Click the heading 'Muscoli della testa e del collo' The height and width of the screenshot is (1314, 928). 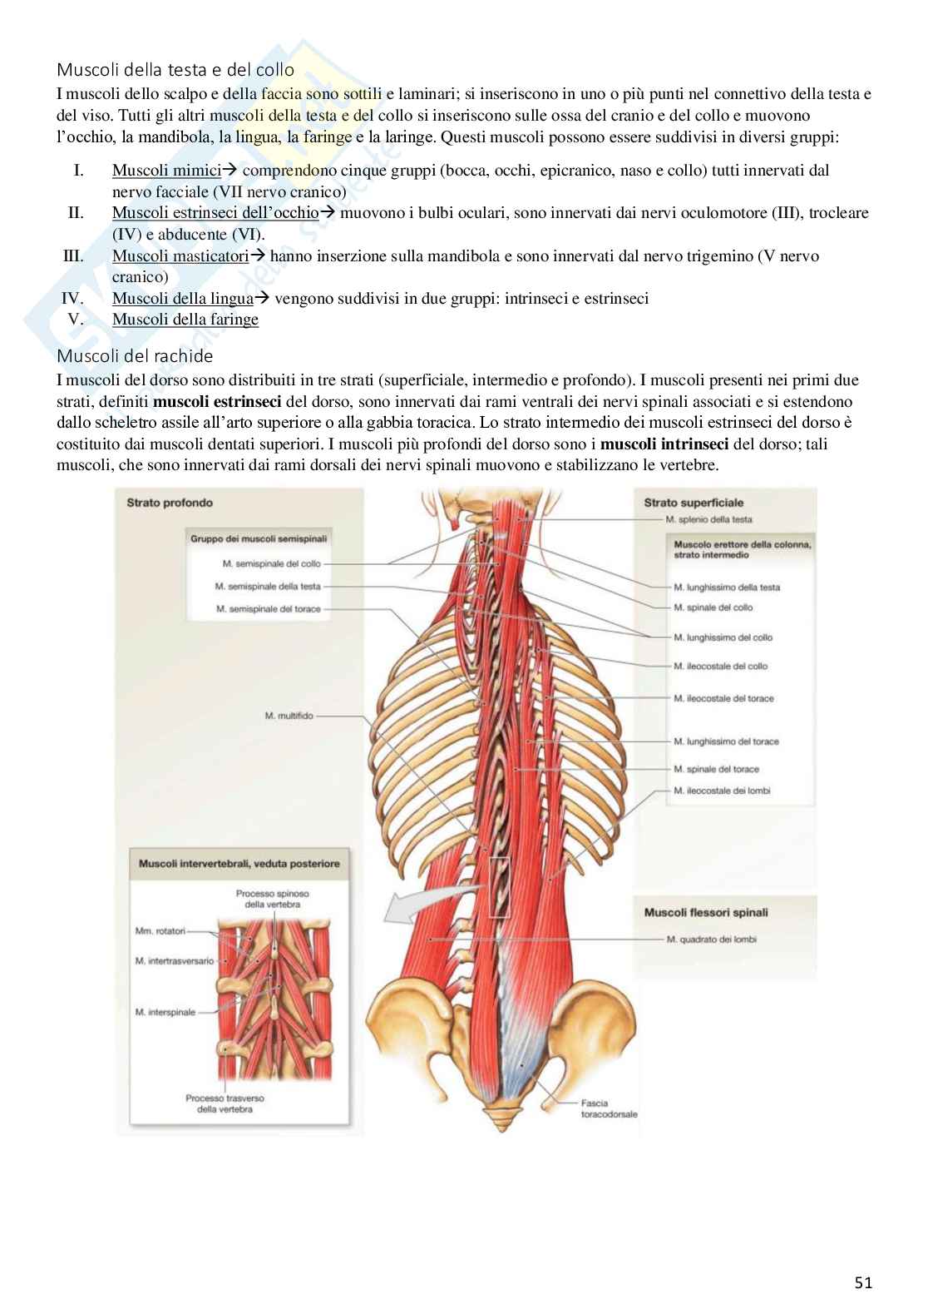click(175, 71)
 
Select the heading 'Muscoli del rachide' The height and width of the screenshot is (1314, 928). click(135, 356)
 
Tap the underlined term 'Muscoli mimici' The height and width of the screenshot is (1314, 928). click(166, 171)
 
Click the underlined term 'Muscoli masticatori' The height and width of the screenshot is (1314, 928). click(180, 255)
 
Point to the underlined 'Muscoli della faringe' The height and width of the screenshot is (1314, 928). click(185, 320)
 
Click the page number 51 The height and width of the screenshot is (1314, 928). click(863, 1282)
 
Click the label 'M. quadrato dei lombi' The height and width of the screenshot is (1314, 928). click(711, 940)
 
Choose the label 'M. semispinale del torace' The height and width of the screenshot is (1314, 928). click(268, 609)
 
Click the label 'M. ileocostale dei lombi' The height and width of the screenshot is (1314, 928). click(722, 791)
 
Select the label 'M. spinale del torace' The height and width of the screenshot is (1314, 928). click(716, 769)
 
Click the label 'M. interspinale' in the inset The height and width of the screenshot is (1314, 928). click(165, 1012)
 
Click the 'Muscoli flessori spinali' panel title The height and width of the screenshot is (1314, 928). click(706, 912)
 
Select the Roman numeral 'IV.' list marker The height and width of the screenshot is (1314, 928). click(73, 298)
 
